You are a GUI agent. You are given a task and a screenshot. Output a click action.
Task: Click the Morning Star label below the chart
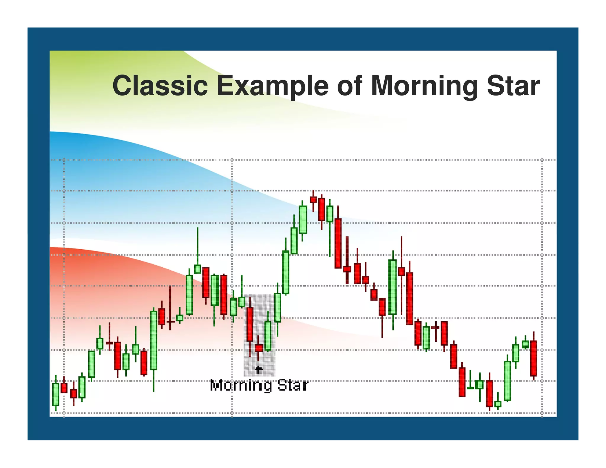point(259,386)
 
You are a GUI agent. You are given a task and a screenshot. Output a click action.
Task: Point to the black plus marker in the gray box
point(259,370)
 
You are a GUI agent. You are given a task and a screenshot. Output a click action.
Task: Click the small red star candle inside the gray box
point(259,348)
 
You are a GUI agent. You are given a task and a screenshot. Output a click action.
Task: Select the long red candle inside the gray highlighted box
point(250,324)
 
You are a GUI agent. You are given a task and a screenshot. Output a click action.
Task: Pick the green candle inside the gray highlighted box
point(268,336)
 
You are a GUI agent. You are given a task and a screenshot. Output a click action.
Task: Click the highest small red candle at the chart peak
point(313,200)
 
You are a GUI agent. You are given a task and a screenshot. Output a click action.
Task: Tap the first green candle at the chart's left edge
point(56,394)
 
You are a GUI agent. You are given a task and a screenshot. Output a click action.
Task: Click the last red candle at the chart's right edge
point(534,358)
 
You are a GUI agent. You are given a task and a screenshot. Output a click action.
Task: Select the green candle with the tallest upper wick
point(197,269)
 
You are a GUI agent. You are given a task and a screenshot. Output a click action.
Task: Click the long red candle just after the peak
point(338,243)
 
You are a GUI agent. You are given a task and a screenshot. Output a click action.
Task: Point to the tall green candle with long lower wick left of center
point(154,340)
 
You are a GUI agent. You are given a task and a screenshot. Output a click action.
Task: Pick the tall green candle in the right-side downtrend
point(392,287)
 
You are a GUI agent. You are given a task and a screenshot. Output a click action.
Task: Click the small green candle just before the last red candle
point(525,344)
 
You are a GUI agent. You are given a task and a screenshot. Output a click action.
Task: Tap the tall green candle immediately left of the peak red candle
point(303,220)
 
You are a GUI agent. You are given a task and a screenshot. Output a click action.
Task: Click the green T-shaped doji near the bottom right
point(470,388)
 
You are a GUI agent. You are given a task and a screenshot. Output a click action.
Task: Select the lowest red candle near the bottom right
point(489,394)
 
